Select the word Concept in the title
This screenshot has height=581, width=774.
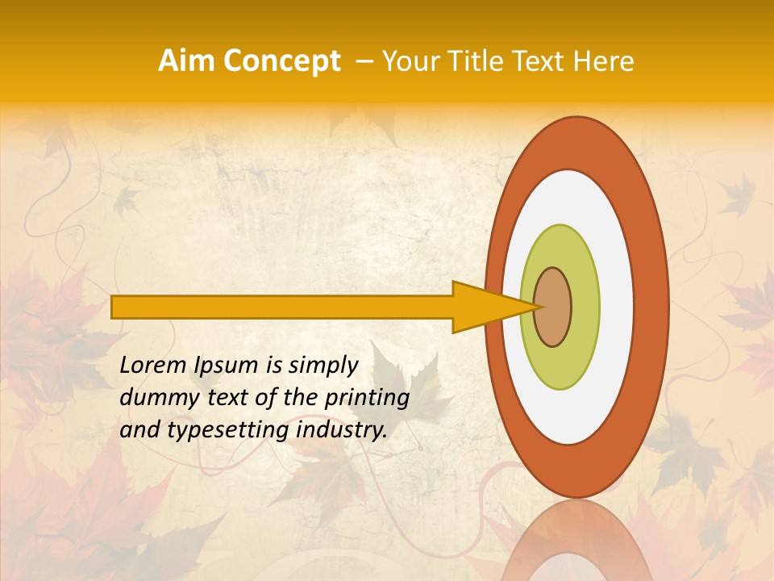click(x=281, y=61)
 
